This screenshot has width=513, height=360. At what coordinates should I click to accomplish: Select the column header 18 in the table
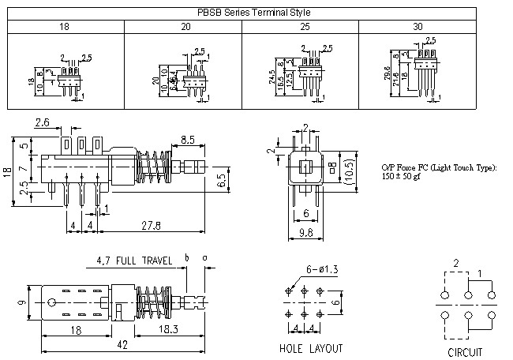coord(65,27)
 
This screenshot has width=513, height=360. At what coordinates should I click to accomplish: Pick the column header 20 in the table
coord(183,27)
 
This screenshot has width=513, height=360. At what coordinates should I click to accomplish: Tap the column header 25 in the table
coord(300,27)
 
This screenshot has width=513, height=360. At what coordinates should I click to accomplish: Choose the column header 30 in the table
coord(418,27)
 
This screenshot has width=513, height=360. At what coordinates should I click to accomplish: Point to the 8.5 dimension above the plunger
coord(189,140)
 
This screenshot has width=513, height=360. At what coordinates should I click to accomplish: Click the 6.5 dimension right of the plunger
coord(224,182)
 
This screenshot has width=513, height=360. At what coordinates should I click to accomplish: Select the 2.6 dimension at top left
coord(43,122)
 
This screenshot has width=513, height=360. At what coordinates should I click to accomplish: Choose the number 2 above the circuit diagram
coord(455,262)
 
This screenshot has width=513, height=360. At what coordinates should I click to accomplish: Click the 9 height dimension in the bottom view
coord(22,301)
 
